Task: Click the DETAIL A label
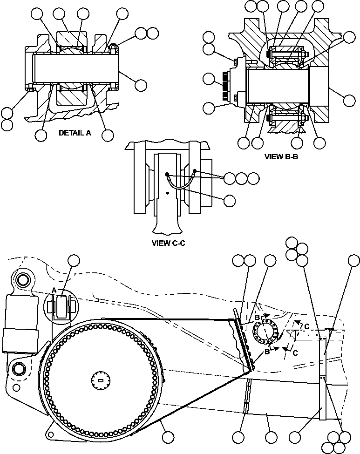75,133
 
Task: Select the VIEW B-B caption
281,157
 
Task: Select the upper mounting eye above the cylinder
21,280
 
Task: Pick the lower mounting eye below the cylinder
19,369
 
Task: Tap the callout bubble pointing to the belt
168,437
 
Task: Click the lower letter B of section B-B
267,352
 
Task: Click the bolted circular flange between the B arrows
265,333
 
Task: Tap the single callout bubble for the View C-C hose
229,201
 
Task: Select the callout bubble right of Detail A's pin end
140,85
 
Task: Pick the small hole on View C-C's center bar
167,193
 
